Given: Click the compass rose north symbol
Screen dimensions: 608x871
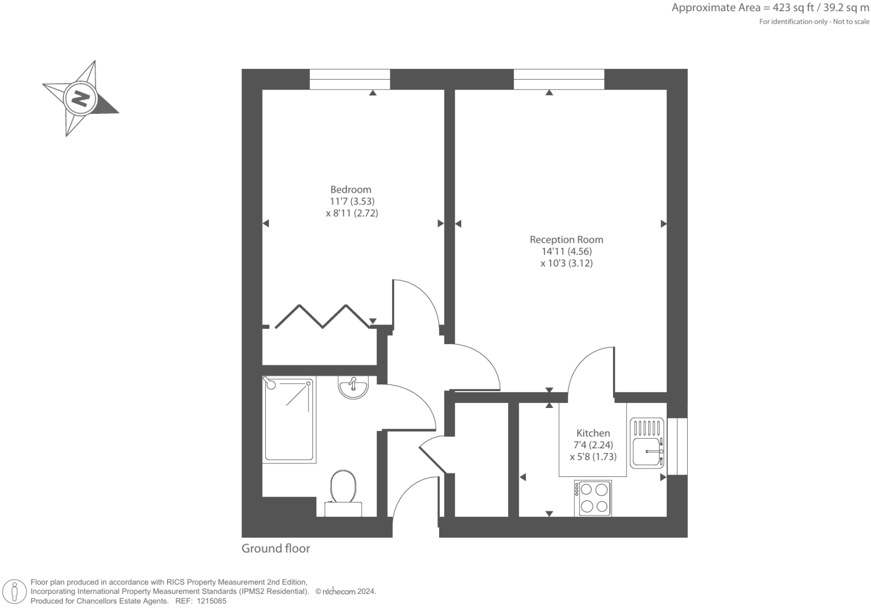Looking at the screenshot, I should coord(80,99).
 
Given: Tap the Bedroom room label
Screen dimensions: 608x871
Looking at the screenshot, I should coord(351,189).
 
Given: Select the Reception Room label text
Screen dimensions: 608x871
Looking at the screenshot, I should coord(566,239).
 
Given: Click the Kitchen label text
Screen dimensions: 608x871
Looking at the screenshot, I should coord(593,433).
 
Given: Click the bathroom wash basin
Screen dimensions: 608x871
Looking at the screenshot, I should coord(353,387).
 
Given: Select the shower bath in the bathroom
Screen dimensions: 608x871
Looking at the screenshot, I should coord(288,418).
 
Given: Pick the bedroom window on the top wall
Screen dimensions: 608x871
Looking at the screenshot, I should coord(349,79).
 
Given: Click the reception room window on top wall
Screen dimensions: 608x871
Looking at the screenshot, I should coord(559,79).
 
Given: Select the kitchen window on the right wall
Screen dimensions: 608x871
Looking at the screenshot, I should coord(677,446).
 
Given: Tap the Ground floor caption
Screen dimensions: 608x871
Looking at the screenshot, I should coord(275,549).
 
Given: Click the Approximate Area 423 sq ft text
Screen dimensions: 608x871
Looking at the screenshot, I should coord(770,8).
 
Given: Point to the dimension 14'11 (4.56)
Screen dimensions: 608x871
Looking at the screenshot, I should coord(566,252).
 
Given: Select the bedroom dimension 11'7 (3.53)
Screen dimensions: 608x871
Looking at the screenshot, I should coord(352,201).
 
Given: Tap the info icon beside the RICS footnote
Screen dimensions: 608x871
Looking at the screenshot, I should coord(15,591).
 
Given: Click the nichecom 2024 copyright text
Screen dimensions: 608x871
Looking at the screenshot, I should coord(345,592).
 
